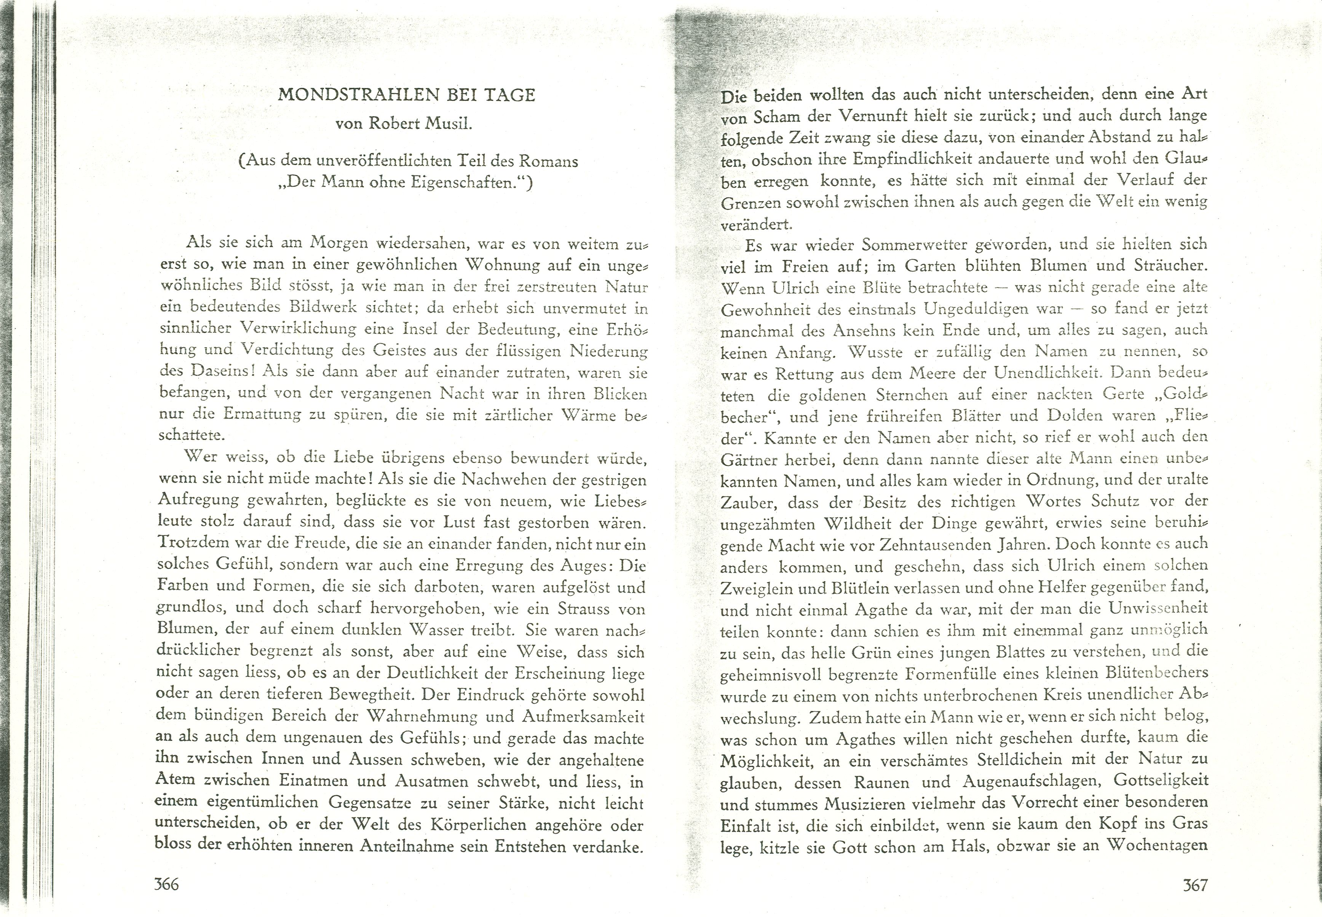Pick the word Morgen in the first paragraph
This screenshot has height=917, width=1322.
click(339, 244)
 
